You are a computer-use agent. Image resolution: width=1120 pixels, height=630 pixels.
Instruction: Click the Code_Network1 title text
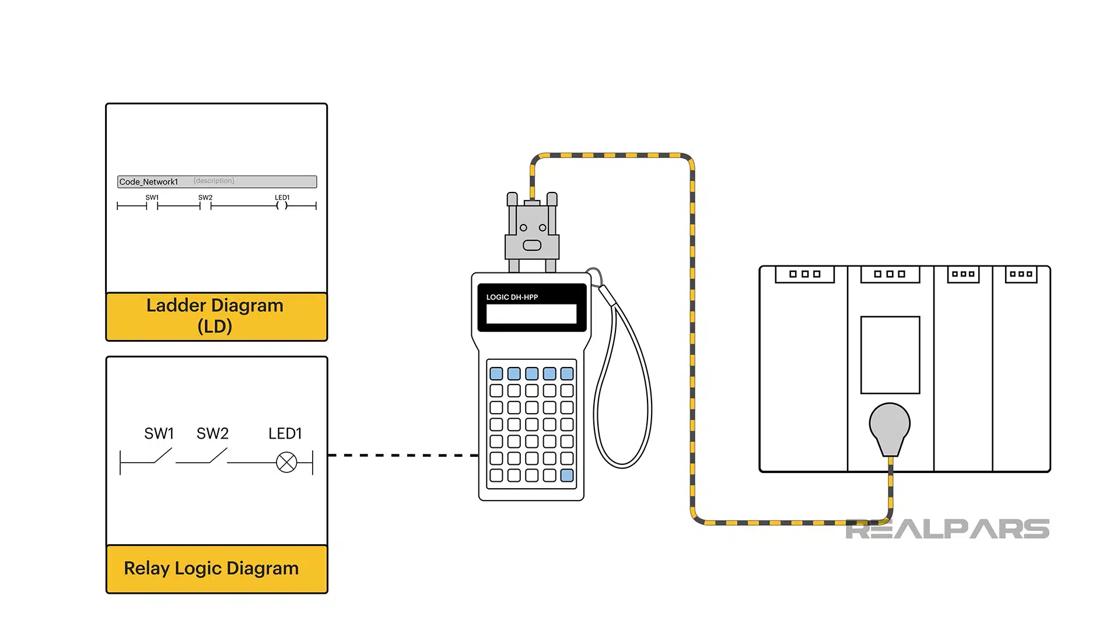click(x=148, y=182)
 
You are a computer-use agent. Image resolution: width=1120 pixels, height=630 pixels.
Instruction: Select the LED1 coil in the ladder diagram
click(x=282, y=205)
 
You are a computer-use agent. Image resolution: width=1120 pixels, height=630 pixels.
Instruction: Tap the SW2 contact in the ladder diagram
click(x=205, y=205)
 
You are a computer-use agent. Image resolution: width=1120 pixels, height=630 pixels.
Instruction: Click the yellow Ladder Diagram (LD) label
click(x=216, y=316)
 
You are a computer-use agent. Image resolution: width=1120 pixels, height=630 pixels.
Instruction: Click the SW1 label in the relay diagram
click(x=159, y=433)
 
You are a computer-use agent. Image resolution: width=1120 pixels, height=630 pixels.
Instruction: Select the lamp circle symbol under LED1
click(x=286, y=463)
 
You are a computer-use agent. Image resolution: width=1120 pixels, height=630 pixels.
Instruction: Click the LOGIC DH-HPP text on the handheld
click(x=512, y=297)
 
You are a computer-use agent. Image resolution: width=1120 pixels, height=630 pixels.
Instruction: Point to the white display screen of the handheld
click(x=531, y=314)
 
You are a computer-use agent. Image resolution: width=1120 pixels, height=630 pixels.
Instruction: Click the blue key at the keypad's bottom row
click(x=566, y=475)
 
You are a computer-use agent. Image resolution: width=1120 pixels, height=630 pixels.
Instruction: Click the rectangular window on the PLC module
click(x=890, y=355)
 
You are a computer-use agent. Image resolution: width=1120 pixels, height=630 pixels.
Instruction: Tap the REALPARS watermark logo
click(x=947, y=529)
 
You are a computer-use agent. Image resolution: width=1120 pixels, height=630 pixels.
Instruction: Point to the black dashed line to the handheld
click(x=402, y=455)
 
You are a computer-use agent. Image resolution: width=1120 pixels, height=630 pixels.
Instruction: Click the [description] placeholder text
click(x=213, y=181)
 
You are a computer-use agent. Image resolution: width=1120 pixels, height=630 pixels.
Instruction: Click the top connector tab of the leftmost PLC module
click(x=804, y=274)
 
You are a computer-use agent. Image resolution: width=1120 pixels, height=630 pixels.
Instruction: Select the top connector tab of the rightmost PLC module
click(x=1021, y=274)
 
